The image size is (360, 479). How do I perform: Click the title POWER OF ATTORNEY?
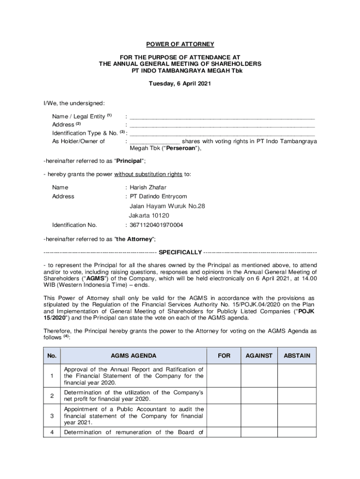pos(180,44)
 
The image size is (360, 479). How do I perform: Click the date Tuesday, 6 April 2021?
pos(180,84)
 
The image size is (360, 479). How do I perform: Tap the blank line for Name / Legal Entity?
pos(222,117)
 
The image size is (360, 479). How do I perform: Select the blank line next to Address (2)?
pos(222,126)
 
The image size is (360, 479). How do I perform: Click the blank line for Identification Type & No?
pos(222,134)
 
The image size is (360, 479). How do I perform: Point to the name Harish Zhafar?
pos(148,188)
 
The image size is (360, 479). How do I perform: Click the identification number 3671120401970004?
pos(156,225)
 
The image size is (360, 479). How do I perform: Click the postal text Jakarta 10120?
pos(149,216)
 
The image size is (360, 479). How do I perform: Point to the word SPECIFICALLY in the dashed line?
pos(180,253)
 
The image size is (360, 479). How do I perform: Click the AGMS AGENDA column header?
pos(133,356)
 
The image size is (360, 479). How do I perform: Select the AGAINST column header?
pos(259,356)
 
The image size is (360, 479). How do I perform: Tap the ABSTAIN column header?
pos(297,356)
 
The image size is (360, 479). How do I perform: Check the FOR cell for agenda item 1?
pos(224,376)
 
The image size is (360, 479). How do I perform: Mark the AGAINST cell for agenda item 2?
pos(259,396)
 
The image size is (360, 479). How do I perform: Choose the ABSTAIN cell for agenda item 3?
pos(297,416)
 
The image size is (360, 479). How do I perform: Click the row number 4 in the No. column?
pos(52,433)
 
